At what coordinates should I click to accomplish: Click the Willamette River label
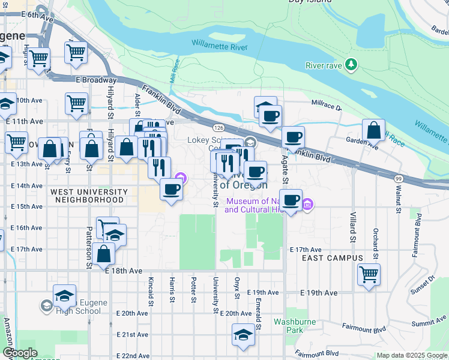click(219, 43)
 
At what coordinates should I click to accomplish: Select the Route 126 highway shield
click(218, 128)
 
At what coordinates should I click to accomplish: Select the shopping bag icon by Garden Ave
click(373, 129)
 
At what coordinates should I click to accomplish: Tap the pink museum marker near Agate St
click(307, 205)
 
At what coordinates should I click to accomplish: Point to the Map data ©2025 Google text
click(411, 356)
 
